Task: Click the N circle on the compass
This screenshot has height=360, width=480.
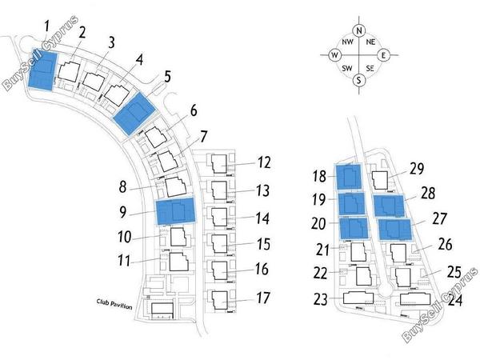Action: (x=359, y=30)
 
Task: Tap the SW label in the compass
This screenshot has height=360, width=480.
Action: (x=347, y=68)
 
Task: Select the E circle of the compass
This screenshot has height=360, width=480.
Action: (x=383, y=55)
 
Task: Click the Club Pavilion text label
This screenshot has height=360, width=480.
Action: (x=114, y=304)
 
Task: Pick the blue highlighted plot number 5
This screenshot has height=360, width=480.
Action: (x=134, y=114)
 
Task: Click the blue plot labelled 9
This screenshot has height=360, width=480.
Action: (x=176, y=211)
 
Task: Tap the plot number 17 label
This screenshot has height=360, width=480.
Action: (x=263, y=298)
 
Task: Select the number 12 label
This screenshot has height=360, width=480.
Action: (x=263, y=162)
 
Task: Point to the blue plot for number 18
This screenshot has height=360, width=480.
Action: (x=349, y=176)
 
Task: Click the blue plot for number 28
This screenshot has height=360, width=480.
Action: (x=389, y=206)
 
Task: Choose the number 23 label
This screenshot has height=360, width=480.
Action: (x=321, y=299)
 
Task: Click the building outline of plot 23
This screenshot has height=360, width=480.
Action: (x=358, y=298)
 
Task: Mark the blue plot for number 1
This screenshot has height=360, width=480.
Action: (x=42, y=70)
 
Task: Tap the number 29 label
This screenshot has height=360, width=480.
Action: (x=416, y=169)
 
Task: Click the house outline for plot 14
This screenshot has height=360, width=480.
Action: (x=220, y=217)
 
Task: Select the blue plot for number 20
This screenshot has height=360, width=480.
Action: (x=354, y=228)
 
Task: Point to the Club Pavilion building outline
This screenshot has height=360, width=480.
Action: (x=162, y=310)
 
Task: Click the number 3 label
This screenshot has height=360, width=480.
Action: (x=111, y=42)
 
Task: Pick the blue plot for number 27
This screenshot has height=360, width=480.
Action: (x=394, y=230)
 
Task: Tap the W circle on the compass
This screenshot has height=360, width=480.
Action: (x=334, y=55)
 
